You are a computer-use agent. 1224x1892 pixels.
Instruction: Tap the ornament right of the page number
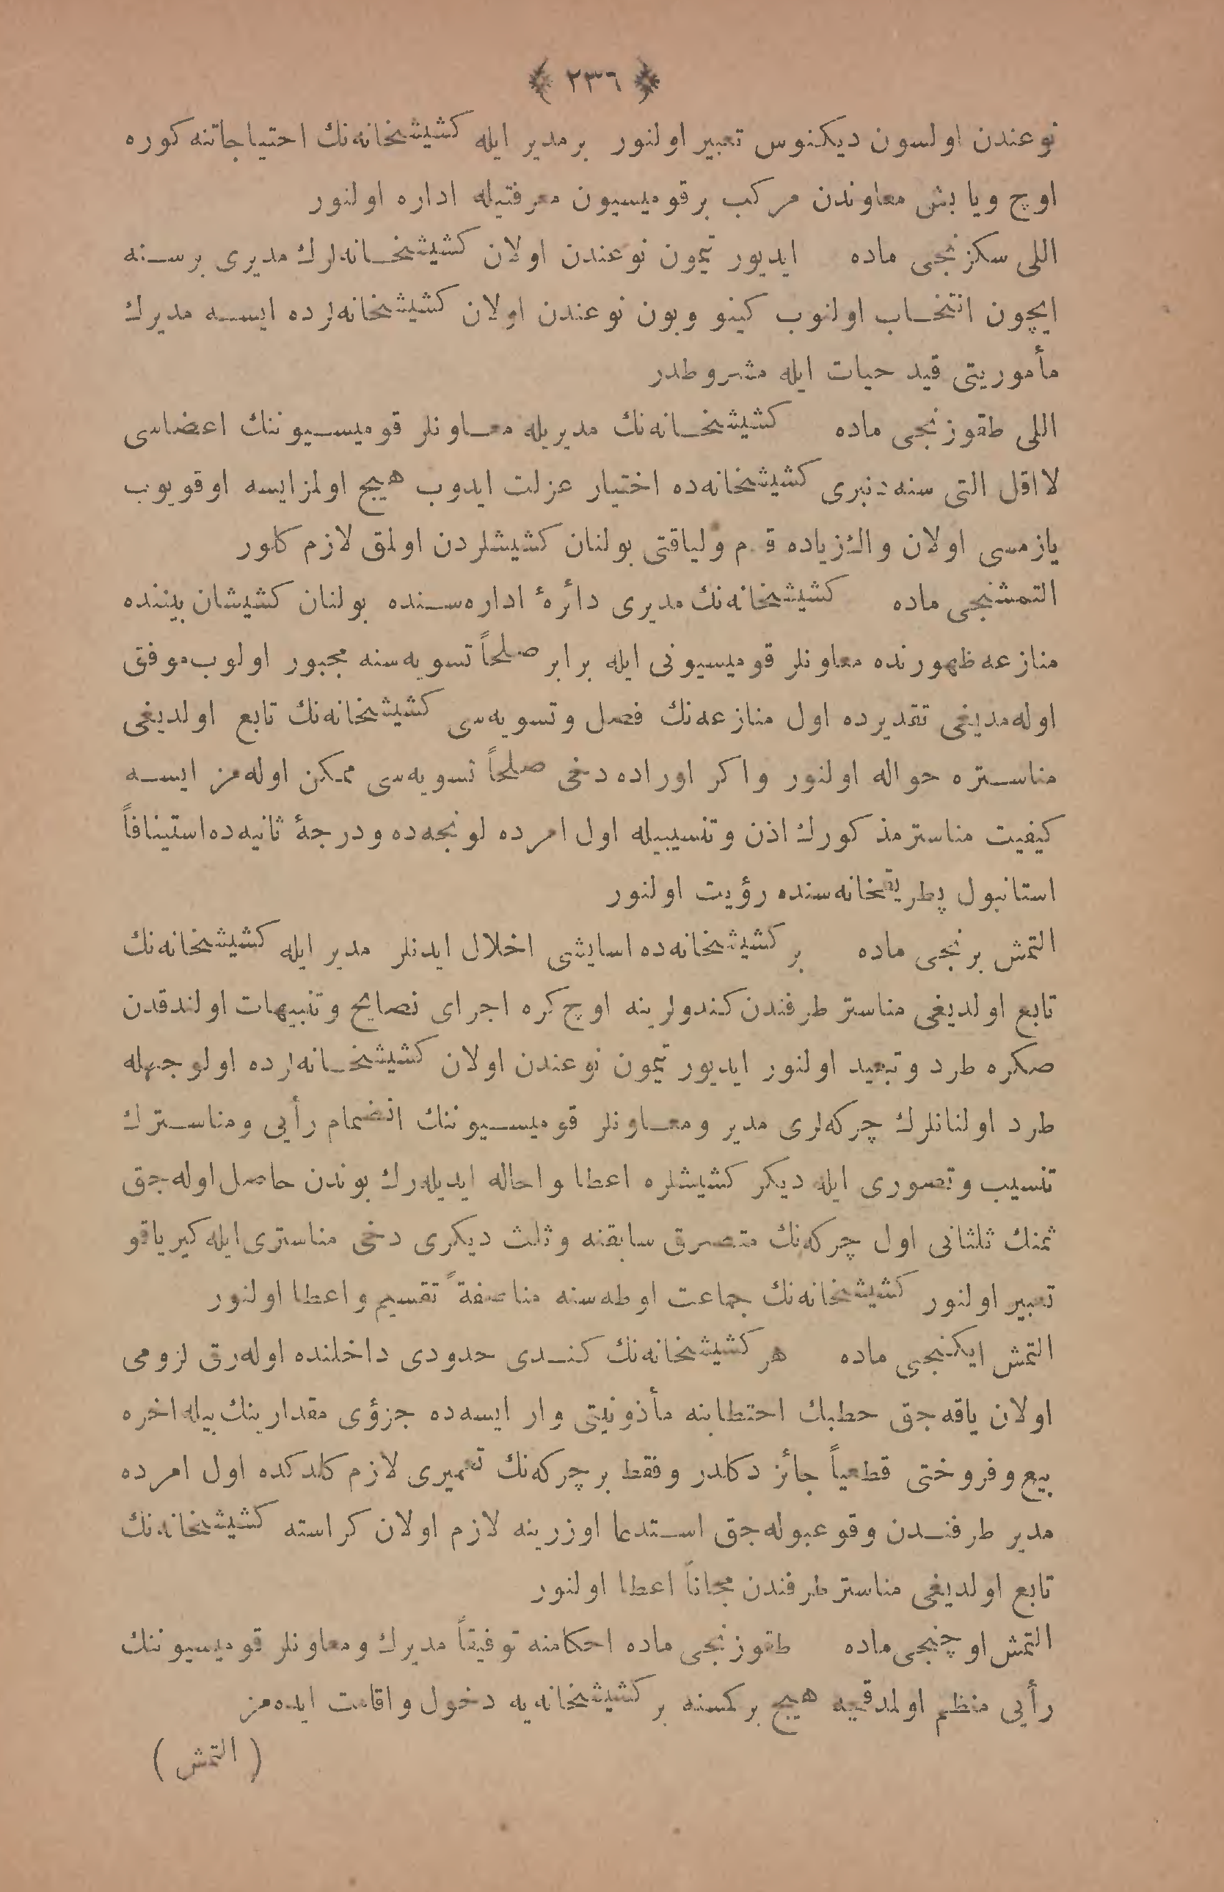click(x=649, y=79)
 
